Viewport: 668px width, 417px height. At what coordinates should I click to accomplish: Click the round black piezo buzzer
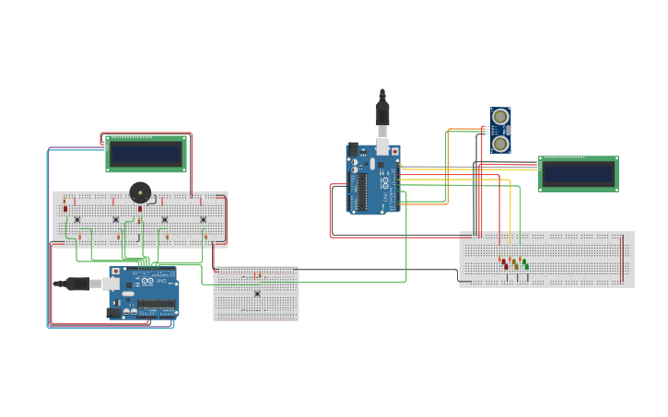click(x=140, y=192)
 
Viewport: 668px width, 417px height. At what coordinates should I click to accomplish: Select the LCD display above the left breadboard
click(x=146, y=154)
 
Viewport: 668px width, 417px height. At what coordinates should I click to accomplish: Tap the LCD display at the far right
click(x=578, y=173)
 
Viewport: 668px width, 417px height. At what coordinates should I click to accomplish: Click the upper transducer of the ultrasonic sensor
click(x=500, y=117)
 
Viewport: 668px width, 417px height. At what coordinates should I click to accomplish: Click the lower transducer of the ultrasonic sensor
click(x=500, y=144)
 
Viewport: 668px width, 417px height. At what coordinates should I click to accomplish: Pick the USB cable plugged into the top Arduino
click(x=382, y=116)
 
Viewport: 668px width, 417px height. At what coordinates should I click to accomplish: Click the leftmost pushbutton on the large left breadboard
click(x=77, y=219)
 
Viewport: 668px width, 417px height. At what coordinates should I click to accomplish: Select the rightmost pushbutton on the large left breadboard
click(x=204, y=219)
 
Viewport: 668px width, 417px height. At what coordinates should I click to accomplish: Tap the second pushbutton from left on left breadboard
click(x=116, y=219)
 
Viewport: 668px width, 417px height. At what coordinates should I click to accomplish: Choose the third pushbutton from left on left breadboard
click(x=165, y=219)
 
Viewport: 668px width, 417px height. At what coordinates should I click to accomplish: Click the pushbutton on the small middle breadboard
click(x=257, y=294)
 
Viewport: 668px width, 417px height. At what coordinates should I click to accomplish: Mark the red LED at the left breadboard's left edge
click(x=64, y=207)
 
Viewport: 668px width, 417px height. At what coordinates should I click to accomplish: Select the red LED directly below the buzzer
click(x=140, y=208)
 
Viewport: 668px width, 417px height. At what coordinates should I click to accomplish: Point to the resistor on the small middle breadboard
click(x=257, y=275)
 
